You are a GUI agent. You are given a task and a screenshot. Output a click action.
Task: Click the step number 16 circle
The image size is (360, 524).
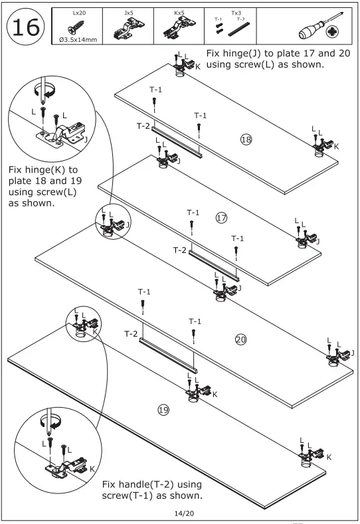tap(25, 27)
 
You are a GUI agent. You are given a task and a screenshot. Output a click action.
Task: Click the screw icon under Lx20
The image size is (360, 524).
tap(76, 27)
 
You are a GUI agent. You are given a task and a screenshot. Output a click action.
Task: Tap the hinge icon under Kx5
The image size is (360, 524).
tap(179, 28)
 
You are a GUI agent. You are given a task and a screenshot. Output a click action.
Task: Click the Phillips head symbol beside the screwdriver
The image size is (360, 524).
tap(333, 32)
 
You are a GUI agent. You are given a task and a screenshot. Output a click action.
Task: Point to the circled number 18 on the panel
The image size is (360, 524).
tap(246, 139)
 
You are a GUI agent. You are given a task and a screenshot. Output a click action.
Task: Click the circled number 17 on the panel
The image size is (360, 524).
tap(221, 218)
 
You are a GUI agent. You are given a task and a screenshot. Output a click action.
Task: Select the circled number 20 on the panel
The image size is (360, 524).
tap(240, 339)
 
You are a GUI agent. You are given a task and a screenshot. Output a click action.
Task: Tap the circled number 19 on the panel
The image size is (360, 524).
tap(163, 410)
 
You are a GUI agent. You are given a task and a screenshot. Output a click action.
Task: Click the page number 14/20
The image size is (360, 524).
tap(184, 513)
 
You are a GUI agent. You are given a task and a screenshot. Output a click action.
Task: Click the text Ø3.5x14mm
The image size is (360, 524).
tap(78, 40)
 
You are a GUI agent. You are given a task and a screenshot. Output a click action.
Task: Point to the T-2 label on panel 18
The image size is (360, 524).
tap(143, 126)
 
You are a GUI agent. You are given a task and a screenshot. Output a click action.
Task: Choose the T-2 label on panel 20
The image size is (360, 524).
tap(131, 333)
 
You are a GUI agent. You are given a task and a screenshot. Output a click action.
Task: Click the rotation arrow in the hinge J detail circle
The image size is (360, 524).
tap(45, 90)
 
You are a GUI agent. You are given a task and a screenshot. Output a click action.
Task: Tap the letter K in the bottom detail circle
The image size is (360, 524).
tap(92, 469)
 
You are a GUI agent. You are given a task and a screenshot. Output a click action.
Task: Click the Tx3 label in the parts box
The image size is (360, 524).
tap(236, 13)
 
